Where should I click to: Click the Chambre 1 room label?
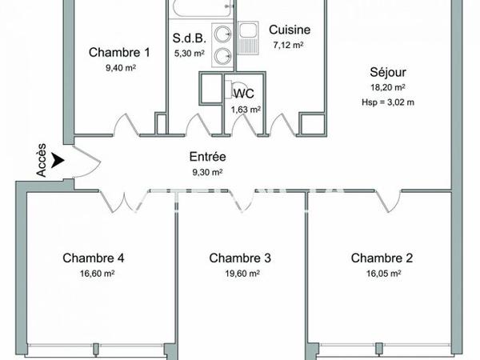point(119,53)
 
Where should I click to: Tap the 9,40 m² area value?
point(119,68)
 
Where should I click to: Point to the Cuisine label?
point(289,30)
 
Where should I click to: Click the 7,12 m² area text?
point(289,45)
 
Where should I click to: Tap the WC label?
point(244,94)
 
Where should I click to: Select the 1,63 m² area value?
point(246,110)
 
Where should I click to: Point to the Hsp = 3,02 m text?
point(388,102)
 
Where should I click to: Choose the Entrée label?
point(206,157)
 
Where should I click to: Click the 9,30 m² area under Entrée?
point(206,172)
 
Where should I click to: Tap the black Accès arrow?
point(55,162)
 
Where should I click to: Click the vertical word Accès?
point(42,161)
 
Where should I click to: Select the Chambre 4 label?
point(94,258)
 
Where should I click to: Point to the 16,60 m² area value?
point(94,273)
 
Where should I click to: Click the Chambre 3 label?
point(240,258)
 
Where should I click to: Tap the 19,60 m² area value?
point(240,273)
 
